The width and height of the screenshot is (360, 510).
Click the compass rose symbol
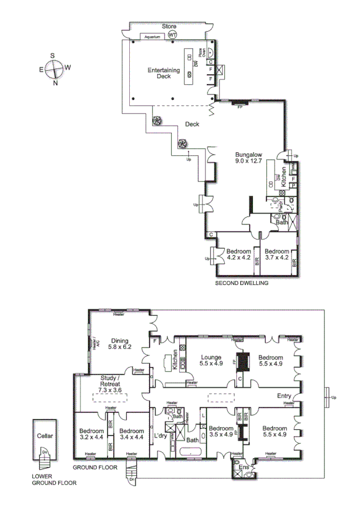pos(53,69)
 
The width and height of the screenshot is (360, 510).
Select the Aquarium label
pos(151,37)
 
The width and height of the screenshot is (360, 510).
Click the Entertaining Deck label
pos(164,73)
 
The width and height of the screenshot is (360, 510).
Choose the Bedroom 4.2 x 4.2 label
pos(239,254)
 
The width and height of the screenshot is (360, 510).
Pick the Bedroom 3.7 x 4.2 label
pos(277,254)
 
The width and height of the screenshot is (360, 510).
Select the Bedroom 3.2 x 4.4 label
pos(91,434)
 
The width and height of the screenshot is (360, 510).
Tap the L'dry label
pos(160,435)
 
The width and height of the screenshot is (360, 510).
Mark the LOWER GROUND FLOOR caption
pos(53,479)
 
